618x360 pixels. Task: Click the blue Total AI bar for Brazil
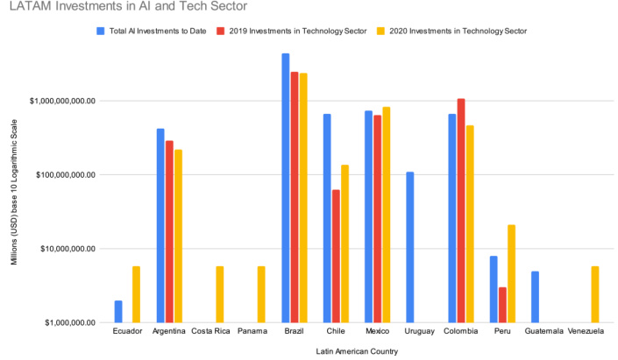click(x=285, y=188)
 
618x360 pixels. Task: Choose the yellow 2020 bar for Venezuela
click(x=596, y=294)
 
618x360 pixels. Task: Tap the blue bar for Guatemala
click(x=536, y=297)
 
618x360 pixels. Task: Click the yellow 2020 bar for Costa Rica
click(x=220, y=294)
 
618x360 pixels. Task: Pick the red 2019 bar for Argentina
click(x=169, y=231)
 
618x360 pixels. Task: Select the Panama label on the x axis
click(x=252, y=331)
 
